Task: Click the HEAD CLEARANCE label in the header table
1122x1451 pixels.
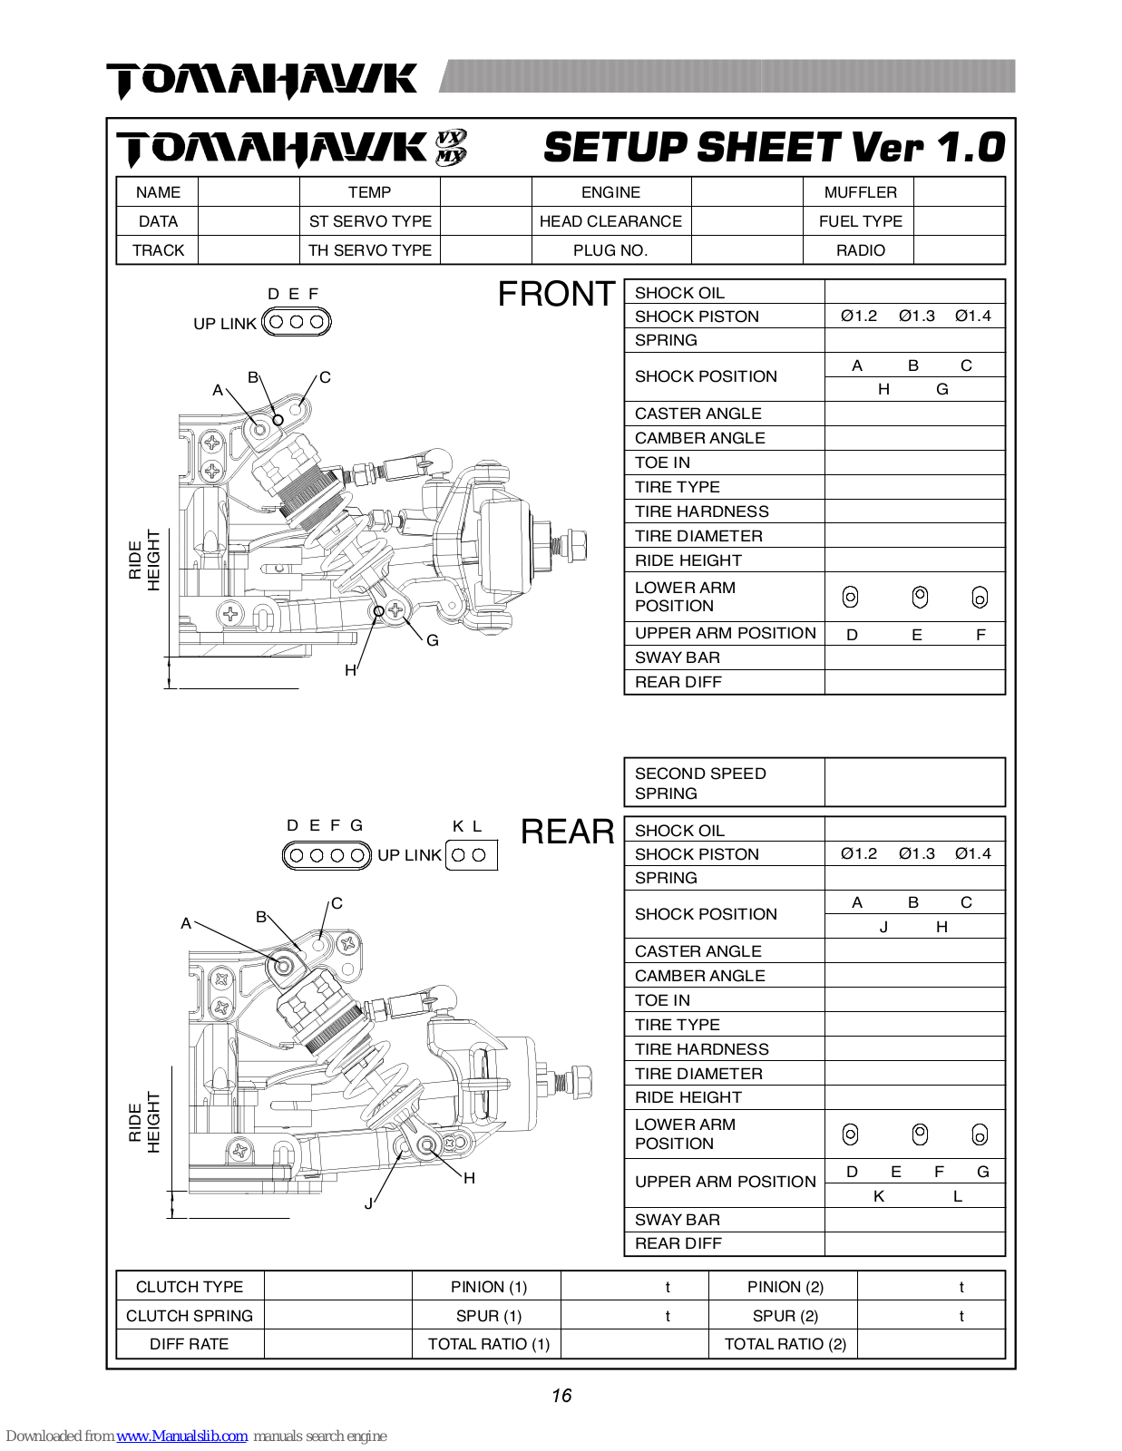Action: [x=610, y=221]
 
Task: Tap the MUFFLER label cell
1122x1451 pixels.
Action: [x=860, y=192]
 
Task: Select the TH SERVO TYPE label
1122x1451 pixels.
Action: [x=369, y=250]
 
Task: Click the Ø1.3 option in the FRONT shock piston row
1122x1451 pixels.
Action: [x=916, y=316]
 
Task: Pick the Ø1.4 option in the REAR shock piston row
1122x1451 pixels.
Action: [x=972, y=853]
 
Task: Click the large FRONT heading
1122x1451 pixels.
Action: [x=556, y=294]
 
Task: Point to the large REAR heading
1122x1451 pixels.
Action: [x=567, y=832]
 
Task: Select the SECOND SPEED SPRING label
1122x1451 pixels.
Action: [x=700, y=783]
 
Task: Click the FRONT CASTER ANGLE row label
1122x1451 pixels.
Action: [x=698, y=414]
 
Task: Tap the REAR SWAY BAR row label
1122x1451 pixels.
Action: [x=677, y=1220]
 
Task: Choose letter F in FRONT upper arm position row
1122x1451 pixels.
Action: [x=981, y=635]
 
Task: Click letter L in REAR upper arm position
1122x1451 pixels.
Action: [x=957, y=1196]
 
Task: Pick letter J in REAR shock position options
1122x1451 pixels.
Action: [x=883, y=927]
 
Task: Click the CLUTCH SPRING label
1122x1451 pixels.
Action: [x=190, y=1316]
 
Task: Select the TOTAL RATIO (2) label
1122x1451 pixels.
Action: [x=785, y=1344]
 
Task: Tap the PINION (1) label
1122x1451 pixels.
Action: [x=488, y=1287]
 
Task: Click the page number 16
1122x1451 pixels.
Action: [x=561, y=1396]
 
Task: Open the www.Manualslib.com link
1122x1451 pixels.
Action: [x=181, y=1436]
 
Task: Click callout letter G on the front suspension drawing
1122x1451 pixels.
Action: [x=433, y=640]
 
